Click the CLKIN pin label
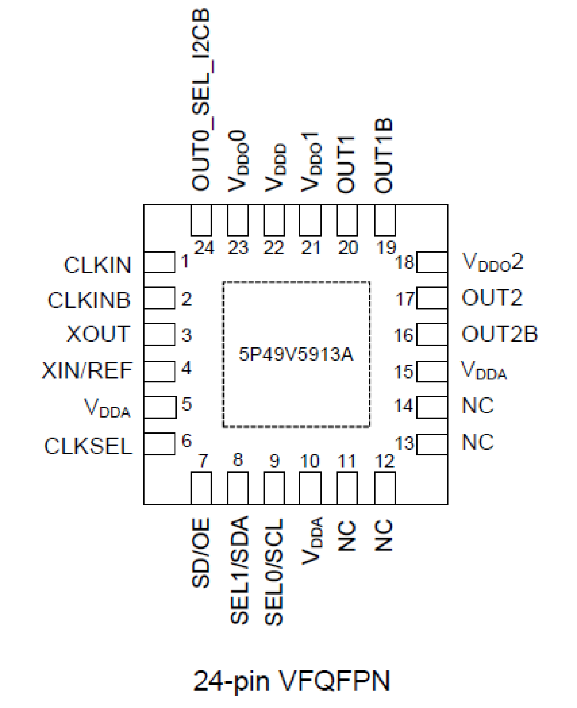(x=97, y=265)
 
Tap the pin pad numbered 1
(x=159, y=262)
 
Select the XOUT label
(x=98, y=334)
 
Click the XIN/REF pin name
(x=87, y=370)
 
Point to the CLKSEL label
(x=88, y=446)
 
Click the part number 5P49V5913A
(x=296, y=354)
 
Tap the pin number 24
(x=204, y=248)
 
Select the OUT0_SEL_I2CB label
(x=201, y=99)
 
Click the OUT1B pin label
(x=384, y=155)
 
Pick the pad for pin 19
(x=385, y=221)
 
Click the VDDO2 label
(x=492, y=262)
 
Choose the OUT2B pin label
(x=499, y=334)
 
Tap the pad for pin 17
(x=432, y=298)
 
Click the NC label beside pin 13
(x=477, y=442)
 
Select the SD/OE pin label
(x=201, y=553)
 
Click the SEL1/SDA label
(x=239, y=570)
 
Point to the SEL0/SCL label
(x=274, y=572)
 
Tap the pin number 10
(x=310, y=461)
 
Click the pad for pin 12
(x=385, y=488)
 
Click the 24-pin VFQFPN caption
(x=292, y=680)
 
